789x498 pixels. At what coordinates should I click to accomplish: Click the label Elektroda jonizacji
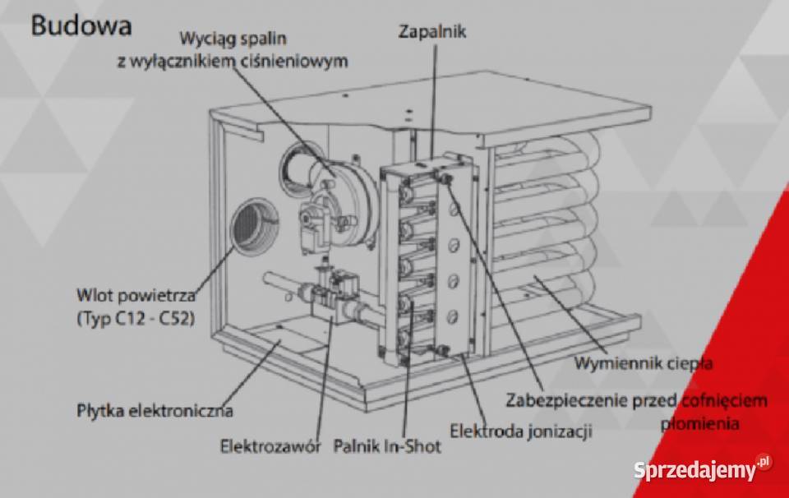click(522, 429)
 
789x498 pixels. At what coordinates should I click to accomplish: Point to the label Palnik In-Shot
click(387, 447)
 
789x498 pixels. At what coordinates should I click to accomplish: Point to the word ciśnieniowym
click(300, 61)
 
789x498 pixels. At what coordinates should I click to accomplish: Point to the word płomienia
click(699, 424)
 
